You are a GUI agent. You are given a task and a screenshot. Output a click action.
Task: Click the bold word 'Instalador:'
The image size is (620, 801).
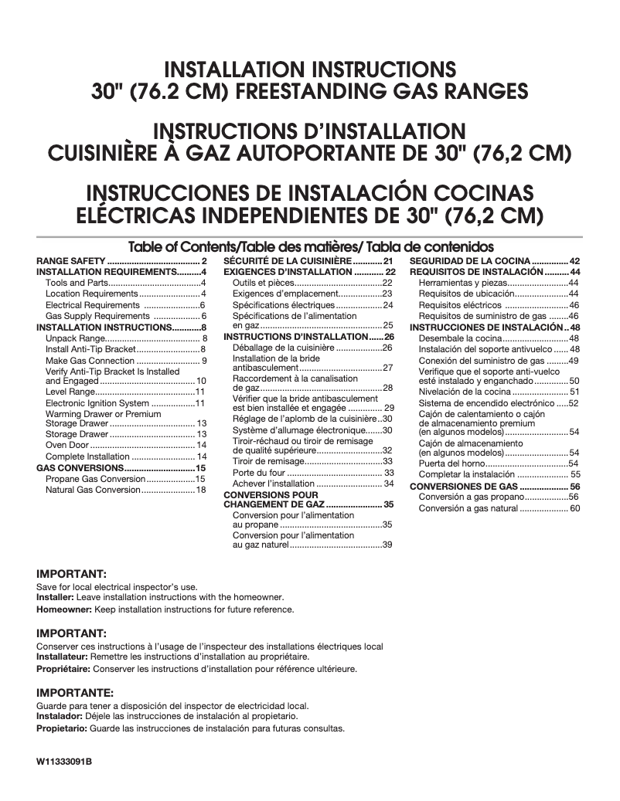point(60,717)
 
